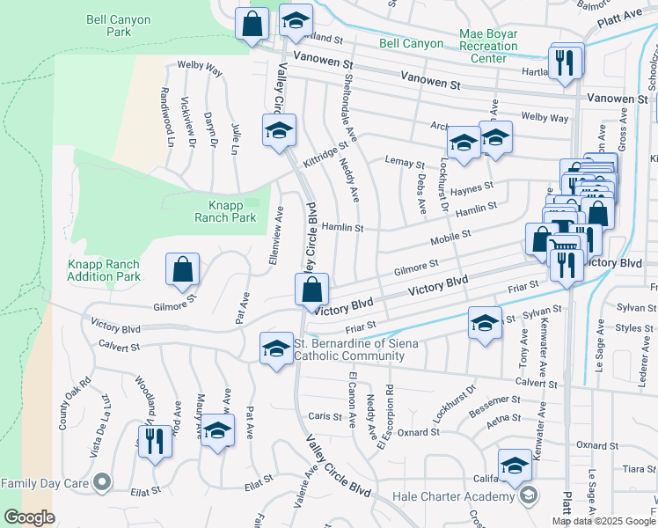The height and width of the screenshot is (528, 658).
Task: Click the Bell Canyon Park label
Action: (x=121, y=25)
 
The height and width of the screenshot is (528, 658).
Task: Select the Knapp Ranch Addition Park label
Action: (x=104, y=270)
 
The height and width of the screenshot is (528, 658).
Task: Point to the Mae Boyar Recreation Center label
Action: (x=488, y=46)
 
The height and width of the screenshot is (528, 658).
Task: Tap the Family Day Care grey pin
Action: (x=102, y=482)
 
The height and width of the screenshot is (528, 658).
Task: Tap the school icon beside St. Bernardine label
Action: (x=276, y=348)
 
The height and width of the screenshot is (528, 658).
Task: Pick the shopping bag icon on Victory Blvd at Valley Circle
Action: (x=312, y=289)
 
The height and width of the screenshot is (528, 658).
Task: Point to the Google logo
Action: (x=28, y=517)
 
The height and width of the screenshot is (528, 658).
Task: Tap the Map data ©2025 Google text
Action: (x=603, y=521)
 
